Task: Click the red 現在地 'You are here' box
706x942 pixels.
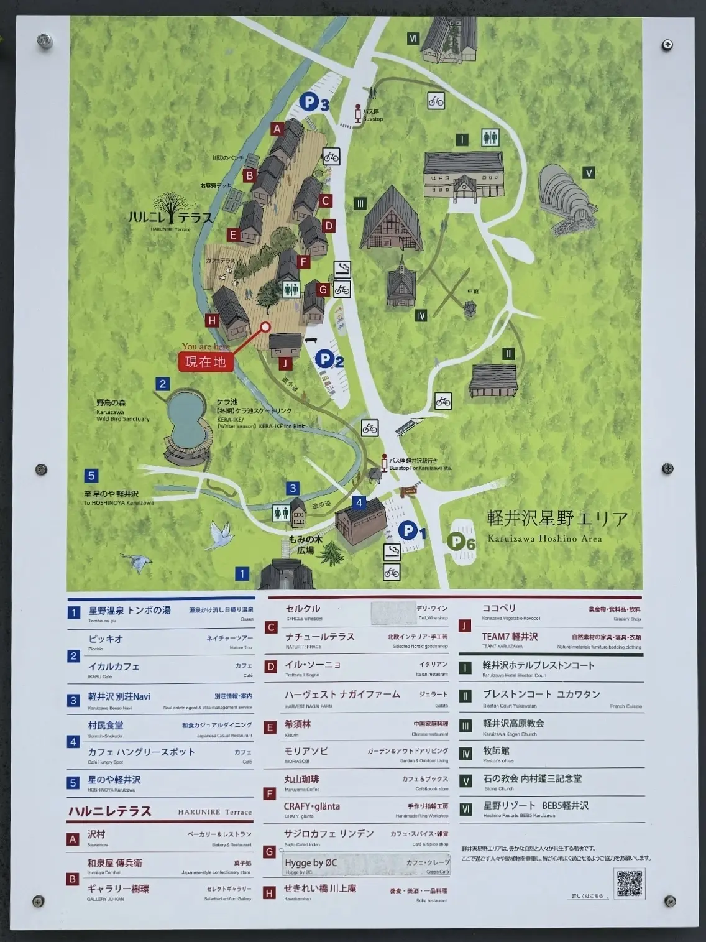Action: (206, 361)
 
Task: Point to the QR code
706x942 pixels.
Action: (629, 884)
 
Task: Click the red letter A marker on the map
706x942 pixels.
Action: (277, 129)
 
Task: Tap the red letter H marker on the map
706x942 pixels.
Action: (213, 320)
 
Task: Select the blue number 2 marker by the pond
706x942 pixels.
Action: (163, 384)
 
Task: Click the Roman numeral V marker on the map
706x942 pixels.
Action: (589, 173)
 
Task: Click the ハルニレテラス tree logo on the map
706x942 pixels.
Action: (170, 210)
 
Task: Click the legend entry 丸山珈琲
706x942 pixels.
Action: (302, 779)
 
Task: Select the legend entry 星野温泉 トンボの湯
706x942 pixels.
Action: (129, 611)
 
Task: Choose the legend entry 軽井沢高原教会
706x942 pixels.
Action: (513, 723)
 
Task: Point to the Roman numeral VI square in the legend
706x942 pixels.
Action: (465, 809)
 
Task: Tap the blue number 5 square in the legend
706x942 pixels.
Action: (73, 783)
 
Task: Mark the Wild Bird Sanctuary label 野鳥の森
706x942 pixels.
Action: (111, 403)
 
